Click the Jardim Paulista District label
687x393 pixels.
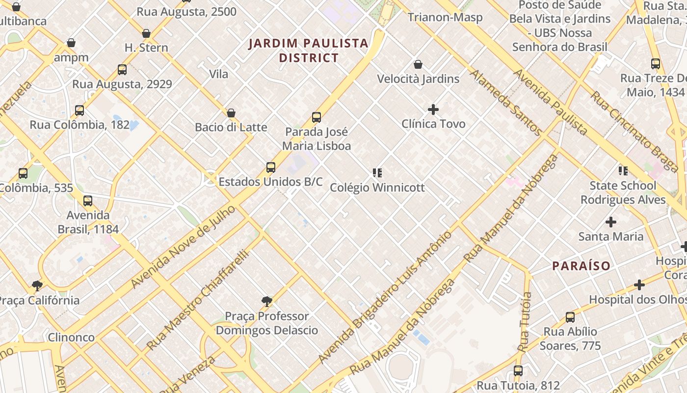pyautogui.click(x=309, y=50)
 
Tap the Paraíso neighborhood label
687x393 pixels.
pyautogui.click(x=581, y=266)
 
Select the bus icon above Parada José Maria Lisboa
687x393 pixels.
pyautogui.click(x=317, y=117)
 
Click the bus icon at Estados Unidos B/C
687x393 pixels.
pyautogui.click(x=270, y=168)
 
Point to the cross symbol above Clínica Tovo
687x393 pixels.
pyautogui.click(x=433, y=109)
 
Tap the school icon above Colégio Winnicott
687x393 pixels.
pyautogui.click(x=377, y=173)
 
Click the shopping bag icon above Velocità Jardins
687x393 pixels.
pyautogui.click(x=418, y=64)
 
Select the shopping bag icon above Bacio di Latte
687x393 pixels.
pyautogui.click(x=231, y=113)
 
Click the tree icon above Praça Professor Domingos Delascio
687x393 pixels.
pyautogui.click(x=266, y=301)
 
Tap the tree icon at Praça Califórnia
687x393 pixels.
pyautogui.click(x=37, y=285)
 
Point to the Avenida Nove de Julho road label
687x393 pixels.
pyautogui.click(x=184, y=247)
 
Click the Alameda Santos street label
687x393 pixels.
pyautogui.click(x=505, y=103)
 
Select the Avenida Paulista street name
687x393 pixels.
pyautogui.click(x=550, y=102)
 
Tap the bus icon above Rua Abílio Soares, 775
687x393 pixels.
pyautogui.click(x=570, y=317)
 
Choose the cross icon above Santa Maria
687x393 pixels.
pyautogui.click(x=610, y=222)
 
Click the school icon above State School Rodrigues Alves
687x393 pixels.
pyautogui.click(x=623, y=171)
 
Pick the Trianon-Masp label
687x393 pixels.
pyautogui.click(x=445, y=18)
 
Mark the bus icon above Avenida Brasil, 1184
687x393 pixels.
pyautogui.click(x=88, y=200)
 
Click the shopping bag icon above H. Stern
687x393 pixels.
pyautogui.click(x=146, y=33)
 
